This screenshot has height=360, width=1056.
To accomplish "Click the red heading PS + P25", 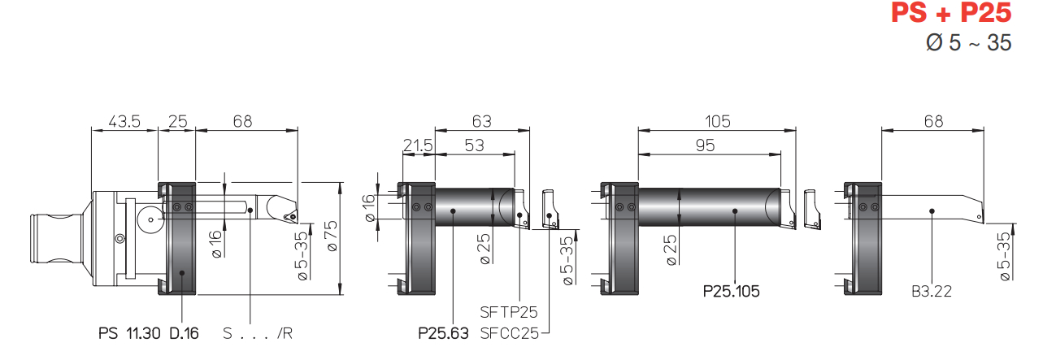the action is [x=951, y=13].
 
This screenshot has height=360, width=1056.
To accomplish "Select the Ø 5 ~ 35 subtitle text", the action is [x=968, y=43].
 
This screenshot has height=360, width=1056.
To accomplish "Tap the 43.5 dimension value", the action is [x=124, y=122].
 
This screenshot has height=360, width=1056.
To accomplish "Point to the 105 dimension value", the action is [x=717, y=122].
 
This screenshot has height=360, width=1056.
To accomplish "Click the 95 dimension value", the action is [x=706, y=145].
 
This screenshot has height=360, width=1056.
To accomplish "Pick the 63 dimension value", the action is [x=482, y=122].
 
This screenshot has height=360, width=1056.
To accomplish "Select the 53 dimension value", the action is [x=474, y=145].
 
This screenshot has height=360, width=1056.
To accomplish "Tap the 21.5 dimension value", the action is [x=418, y=145].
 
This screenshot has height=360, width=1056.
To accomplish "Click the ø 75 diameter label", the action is [x=332, y=236].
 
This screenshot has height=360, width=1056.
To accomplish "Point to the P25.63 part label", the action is [x=443, y=334].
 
